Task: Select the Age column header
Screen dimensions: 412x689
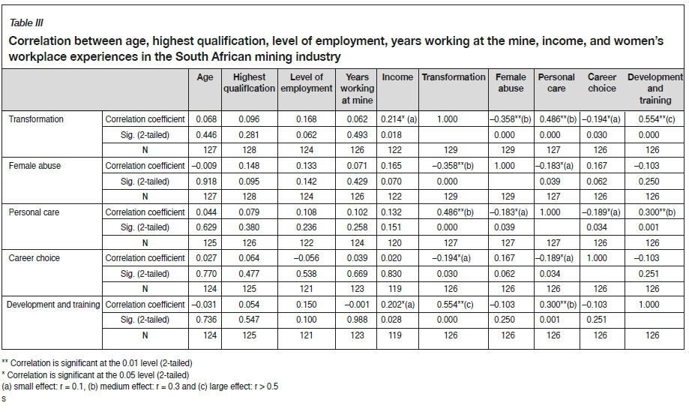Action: click(205, 77)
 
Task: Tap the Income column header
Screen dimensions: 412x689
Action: click(397, 77)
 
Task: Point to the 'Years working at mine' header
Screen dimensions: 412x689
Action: click(357, 89)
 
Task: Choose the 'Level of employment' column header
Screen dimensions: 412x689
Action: click(306, 83)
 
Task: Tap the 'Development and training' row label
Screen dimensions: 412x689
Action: click(52, 305)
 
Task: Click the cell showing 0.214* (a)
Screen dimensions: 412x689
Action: click(397, 119)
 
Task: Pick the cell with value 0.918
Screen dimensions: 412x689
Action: click(205, 181)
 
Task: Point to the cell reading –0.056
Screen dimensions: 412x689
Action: click(306, 258)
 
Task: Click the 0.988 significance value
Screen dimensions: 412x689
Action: click(357, 320)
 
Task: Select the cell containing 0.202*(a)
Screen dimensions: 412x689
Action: click(397, 305)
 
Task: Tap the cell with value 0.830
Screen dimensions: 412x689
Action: click(397, 273)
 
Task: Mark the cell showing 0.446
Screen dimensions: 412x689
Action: click(205, 134)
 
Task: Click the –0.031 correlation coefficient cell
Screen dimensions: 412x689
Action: click(205, 305)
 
